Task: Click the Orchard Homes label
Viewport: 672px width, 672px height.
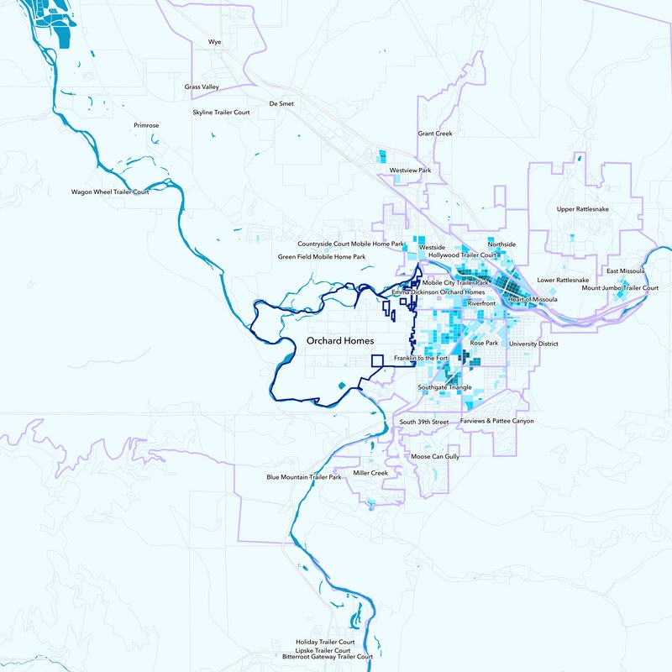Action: [x=340, y=340]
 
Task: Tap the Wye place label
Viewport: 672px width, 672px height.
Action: [x=214, y=40]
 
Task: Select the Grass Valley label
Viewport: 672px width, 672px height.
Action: [x=202, y=87]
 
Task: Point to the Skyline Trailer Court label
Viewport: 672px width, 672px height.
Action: [x=221, y=112]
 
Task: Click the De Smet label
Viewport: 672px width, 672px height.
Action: [x=281, y=103]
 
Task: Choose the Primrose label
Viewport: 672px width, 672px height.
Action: [x=146, y=125]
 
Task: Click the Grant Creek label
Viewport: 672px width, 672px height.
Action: [x=435, y=134]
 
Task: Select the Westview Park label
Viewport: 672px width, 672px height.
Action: [x=410, y=171]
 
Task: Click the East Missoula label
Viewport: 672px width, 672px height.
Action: [x=625, y=270]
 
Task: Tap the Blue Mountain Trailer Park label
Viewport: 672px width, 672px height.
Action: [x=304, y=477]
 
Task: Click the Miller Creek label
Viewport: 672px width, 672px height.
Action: [x=370, y=473]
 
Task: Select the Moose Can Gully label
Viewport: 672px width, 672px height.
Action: [x=435, y=456]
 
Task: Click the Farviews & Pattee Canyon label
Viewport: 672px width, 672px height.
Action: [x=496, y=421]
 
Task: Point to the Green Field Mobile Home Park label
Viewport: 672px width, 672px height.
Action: [x=322, y=256]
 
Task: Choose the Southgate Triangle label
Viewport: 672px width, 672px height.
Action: [x=444, y=387]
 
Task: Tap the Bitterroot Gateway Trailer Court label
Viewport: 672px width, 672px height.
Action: [x=327, y=657]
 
